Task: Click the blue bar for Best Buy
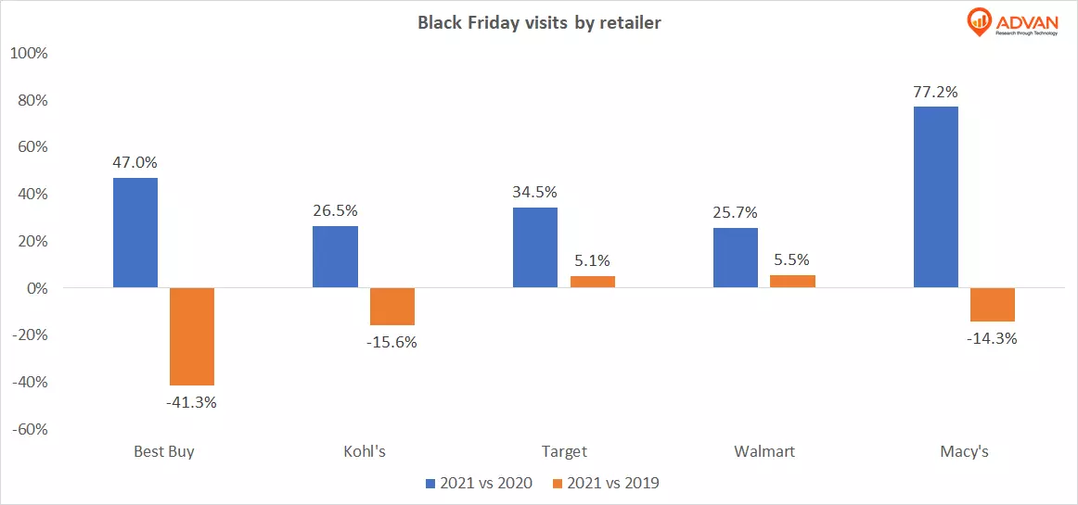tap(135, 233)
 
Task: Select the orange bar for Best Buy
tap(192, 336)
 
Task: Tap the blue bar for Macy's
tap(935, 197)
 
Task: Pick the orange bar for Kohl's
tap(392, 307)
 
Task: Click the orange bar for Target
tap(592, 282)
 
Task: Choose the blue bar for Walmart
tap(736, 258)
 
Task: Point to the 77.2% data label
tap(935, 92)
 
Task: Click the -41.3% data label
tap(192, 402)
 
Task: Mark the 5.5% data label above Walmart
tap(792, 260)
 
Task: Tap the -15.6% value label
tap(392, 342)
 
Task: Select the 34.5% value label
tap(535, 193)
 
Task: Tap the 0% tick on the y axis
tap(35, 288)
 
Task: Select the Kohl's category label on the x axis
tap(364, 452)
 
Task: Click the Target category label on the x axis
tap(564, 452)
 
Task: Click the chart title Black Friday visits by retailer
tap(539, 23)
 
